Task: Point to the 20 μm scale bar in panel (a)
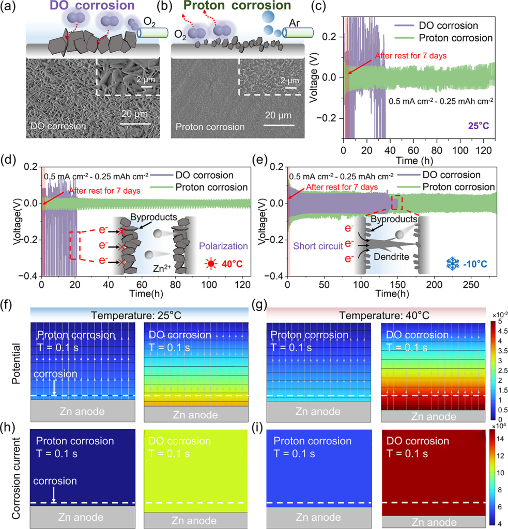[x=136, y=123]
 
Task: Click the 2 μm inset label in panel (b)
[x=290, y=80]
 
